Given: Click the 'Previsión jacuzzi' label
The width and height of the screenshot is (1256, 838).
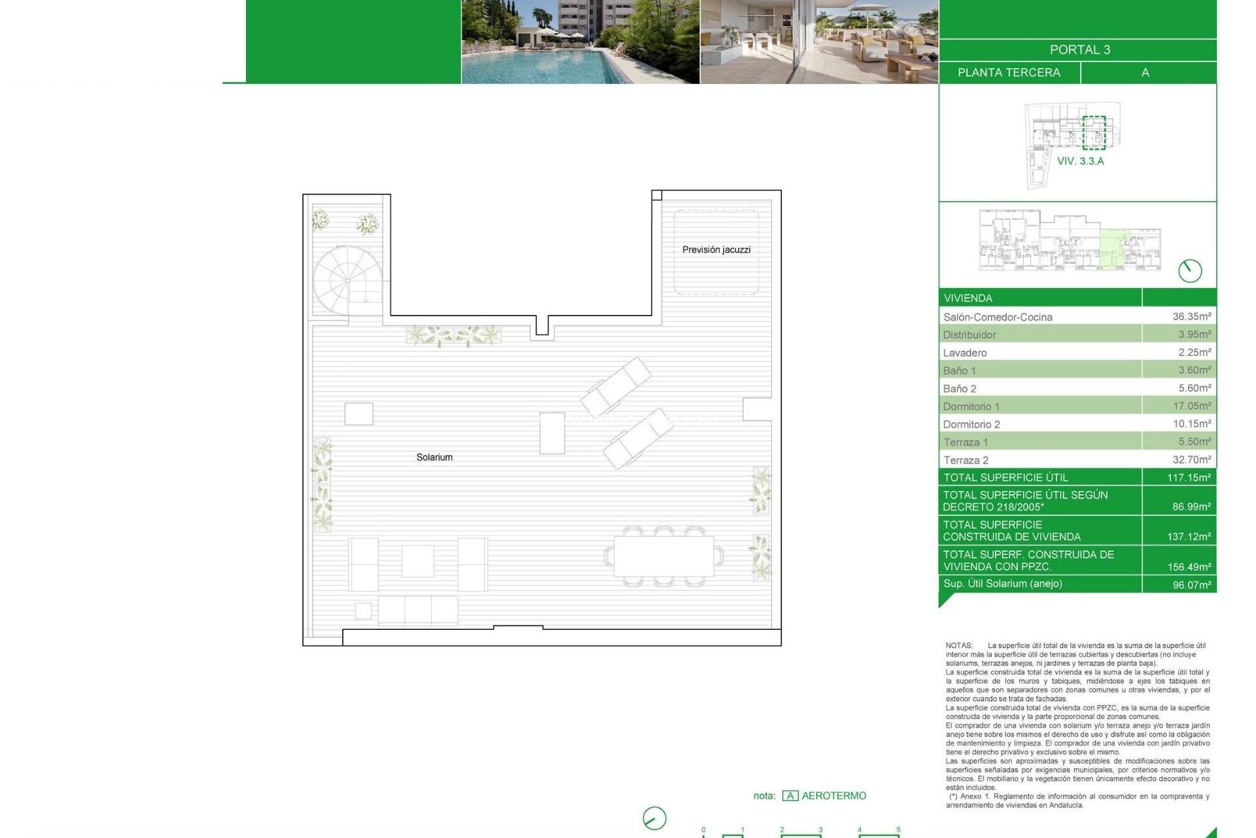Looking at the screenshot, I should (716, 249).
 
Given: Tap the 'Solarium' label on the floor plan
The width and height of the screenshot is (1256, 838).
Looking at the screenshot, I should (434, 457).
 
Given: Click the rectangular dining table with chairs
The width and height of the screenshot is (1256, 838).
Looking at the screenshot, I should (663, 556).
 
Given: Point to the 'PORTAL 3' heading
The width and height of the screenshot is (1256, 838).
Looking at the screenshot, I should (1079, 50).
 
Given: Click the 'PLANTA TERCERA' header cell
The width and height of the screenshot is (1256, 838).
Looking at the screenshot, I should (1009, 73).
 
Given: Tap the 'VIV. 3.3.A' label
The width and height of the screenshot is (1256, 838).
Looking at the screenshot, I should (1080, 161).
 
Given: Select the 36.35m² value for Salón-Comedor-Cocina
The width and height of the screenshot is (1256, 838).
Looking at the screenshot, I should (1191, 316).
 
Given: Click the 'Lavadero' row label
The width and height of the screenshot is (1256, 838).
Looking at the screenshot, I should (965, 353).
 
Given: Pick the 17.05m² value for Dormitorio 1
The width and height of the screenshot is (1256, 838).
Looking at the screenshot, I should (1191, 406).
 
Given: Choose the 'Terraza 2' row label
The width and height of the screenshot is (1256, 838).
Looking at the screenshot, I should (966, 460).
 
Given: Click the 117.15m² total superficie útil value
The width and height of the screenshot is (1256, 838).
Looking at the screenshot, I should (1189, 478).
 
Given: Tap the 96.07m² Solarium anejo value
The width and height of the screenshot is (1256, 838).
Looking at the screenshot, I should (1191, 585).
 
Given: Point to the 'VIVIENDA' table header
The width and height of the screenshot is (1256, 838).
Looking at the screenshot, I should (968, 298).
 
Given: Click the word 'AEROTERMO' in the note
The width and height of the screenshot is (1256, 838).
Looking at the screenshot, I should (833, 795).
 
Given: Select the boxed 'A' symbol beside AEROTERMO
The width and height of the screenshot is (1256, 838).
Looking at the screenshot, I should (790, 796).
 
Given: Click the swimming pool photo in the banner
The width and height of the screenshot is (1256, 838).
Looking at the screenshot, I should (580, 42).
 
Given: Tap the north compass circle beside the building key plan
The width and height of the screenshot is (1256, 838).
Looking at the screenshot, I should (1190, 270).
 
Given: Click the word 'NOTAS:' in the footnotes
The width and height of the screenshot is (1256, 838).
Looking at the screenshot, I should (959, 646).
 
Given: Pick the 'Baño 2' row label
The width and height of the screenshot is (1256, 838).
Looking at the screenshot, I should (960, 389).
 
